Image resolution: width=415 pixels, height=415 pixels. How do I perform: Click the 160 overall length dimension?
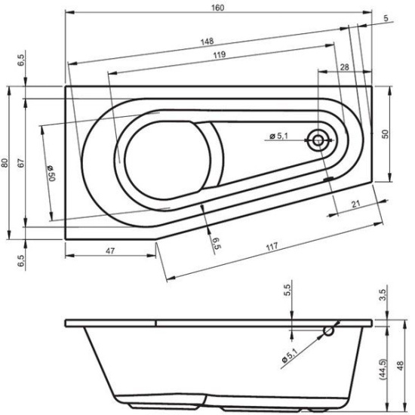[217, 8]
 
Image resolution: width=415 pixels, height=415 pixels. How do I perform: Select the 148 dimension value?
[207, 41]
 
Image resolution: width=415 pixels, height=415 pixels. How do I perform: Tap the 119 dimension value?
[220, 54]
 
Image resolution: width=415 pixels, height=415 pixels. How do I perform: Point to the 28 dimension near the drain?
[344, 67]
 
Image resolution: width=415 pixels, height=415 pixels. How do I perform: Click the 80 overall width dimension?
[5, 163]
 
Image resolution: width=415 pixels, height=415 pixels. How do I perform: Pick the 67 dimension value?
[21, 163]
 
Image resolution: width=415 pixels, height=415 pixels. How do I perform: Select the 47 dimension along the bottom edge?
[110, 251]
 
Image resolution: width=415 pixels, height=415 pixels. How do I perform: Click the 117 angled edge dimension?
[272, 247]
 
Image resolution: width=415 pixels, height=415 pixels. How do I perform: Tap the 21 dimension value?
[356, 204]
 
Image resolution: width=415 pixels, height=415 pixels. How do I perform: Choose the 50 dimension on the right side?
[386, 134]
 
